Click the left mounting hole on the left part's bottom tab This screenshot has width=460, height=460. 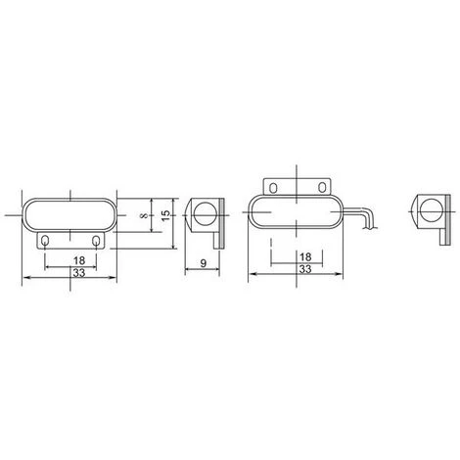click(x=48, y=239)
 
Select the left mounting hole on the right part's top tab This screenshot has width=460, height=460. click(x=275, y=185)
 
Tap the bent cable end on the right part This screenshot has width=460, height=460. click(x=367, y=223)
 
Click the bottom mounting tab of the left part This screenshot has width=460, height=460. click(x=71, y=239)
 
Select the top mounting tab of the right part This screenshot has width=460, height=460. click(x=298, y=185)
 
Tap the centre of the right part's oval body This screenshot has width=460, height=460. click(x=295, y=212)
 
